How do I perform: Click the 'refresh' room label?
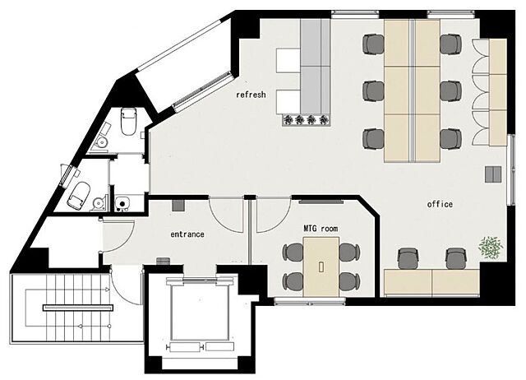click(251, 95)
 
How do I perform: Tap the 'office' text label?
click(440, 204)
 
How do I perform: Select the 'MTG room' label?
click(321, 229)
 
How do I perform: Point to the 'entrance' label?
click(187, 234)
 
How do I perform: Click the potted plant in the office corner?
click(491, 248)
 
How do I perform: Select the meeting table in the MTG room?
click(321, 266)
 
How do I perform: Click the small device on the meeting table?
click(321, 266)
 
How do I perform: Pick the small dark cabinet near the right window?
click(493, 174)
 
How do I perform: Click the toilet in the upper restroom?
click(128, 121)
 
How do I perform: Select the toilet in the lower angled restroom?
click(80, 196)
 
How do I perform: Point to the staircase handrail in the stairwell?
click(78, 308)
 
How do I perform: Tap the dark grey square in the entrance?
click(178, 206)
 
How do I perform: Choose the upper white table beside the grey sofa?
click(288, 60)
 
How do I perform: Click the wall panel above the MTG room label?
click(321, 202)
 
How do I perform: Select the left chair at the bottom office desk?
click(408, 258)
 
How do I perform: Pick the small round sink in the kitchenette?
click(122, 203)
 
